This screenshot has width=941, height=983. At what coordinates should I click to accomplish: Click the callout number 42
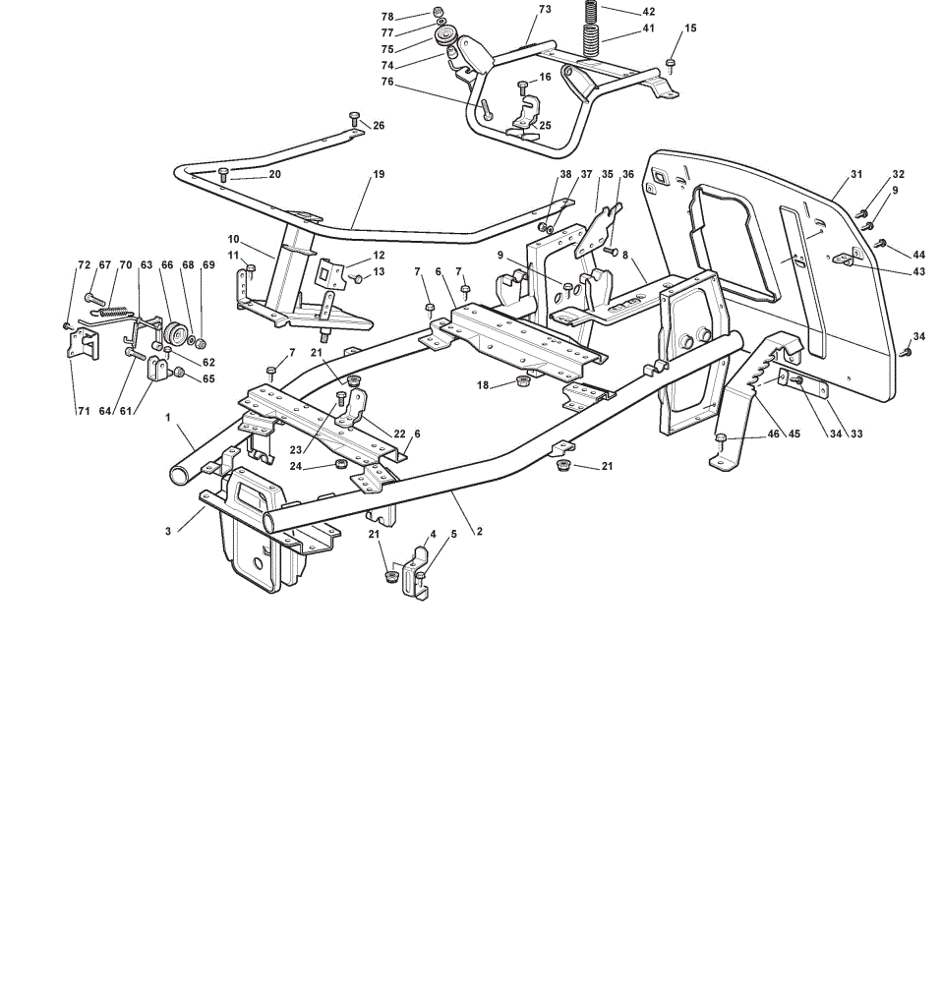pos(648,12)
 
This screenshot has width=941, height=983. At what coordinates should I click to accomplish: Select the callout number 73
pos(545,10)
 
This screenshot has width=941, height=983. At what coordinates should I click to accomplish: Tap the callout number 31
pos(856,174)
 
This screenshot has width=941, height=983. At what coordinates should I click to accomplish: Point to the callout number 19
pos(379,174)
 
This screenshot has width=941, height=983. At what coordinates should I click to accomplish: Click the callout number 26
pos(379,126)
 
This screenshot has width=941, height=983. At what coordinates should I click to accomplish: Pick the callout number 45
pos(794,434)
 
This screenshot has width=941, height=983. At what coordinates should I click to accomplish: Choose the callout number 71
pos(84,411)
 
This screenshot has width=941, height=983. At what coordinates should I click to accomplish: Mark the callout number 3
pos(168,531)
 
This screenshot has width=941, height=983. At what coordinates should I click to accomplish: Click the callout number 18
pos(483,385)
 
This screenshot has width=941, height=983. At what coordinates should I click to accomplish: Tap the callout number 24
pos(295,466)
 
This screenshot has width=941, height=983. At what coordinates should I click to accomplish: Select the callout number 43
pos(919,271)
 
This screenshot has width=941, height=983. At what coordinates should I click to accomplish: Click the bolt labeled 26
pos(354,119)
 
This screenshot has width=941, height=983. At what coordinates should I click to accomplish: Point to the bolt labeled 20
pos(222,174)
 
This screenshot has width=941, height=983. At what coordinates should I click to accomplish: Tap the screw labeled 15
pos(671,65)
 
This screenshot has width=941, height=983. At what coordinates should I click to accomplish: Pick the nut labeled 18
pos(521,381)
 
